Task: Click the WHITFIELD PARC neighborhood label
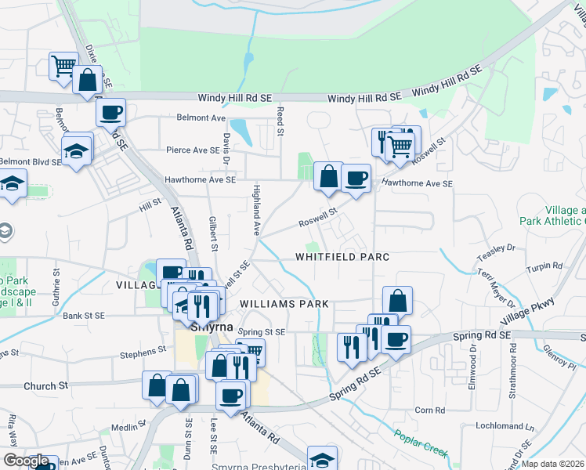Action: click(x=342, y=257)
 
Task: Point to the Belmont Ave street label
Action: click(x=201, y=118)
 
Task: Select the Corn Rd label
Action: click(x=429, y=410)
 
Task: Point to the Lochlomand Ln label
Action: click(x=505, y=427)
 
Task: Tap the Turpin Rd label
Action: click(x=544, y=266)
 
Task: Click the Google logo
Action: click(x=26, y=461)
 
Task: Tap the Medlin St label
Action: click(x=125, y=428)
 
